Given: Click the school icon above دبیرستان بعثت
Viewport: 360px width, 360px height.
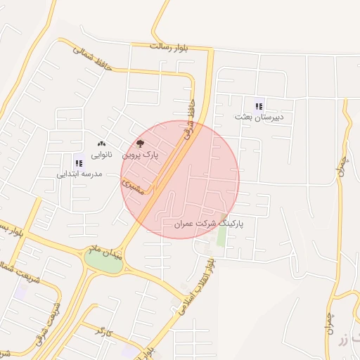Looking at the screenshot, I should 259,106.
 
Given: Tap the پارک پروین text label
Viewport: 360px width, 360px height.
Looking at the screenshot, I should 141,154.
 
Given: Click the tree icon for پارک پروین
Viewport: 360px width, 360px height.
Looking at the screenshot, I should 140,143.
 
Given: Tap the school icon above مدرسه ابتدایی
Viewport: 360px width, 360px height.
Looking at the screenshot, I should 79,163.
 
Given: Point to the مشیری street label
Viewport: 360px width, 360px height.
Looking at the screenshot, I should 132,186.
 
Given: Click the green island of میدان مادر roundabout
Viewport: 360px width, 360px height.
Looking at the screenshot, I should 102,262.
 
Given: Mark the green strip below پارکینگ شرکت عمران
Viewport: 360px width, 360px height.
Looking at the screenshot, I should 221,236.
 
